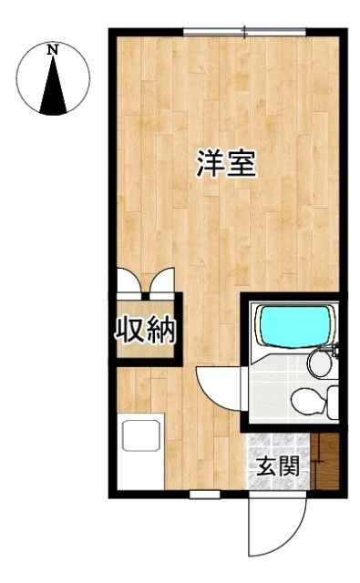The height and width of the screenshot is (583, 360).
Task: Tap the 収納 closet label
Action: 144,330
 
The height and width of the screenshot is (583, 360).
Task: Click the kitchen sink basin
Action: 141,435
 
